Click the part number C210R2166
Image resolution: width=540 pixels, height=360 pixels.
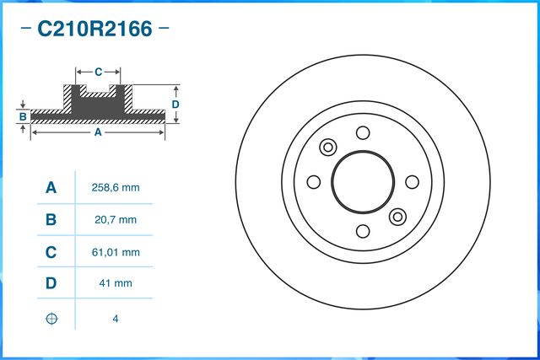(x=94, y=30)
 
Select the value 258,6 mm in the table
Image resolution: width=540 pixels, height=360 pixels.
(x=114, y=188)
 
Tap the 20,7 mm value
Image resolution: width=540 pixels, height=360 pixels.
(x=114, y=220)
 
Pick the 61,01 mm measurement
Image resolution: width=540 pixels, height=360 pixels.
(x=114, y=252)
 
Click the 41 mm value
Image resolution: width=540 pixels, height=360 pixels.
(x=114, y=284)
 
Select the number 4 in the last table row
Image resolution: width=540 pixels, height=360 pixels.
(x=114, y=319)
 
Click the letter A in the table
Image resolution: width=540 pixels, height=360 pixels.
(x=51, y=188)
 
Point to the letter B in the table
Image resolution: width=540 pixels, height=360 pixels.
(x=51, y=220)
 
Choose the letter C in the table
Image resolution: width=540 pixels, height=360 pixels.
(x=51, y=252)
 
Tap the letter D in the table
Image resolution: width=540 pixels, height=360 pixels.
(x=51, y=284)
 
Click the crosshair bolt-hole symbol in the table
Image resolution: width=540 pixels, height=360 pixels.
(x=51, y=319)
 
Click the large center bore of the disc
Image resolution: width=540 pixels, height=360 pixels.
(x=363, y=181)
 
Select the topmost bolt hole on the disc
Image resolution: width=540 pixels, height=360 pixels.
(x=363, y=132)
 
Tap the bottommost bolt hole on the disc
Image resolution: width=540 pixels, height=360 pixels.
(x=363, y=231)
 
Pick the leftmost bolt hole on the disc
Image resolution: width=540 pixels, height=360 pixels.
(x=314, y=182)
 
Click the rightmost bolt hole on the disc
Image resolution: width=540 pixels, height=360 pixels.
(x=413, y=182)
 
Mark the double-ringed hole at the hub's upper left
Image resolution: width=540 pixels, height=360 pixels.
(x=327, y=146)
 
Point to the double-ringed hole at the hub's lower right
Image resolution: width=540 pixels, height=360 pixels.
(x=398, y=217)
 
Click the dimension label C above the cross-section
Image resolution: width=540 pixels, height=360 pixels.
(x=98, y=71)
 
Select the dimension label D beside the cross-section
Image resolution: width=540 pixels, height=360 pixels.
(x=175, y=104)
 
